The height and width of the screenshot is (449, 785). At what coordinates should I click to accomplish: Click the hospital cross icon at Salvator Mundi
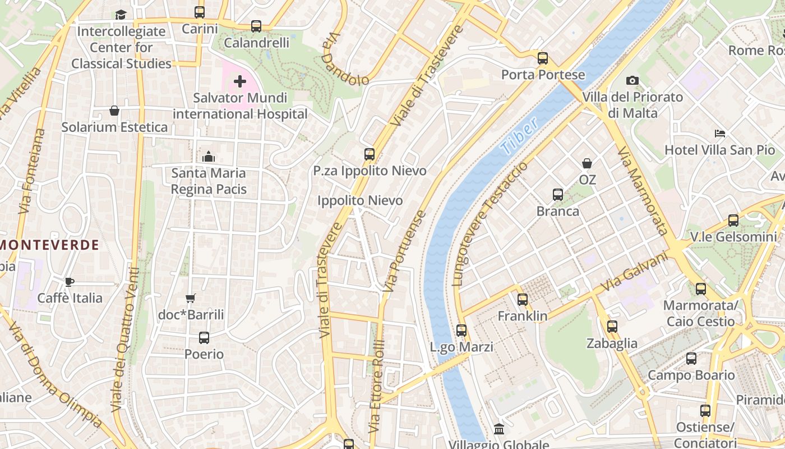coord(240,82)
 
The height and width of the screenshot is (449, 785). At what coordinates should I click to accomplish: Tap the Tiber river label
coord(519,136)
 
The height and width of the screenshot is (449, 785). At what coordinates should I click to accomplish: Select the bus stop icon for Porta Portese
coord(542,58)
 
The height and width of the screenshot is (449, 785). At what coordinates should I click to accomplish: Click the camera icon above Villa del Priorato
coord(632,81)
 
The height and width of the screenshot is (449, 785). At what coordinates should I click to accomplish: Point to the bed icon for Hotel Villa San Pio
coord(720,134)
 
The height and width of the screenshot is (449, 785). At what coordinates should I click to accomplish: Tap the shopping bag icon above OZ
coord(587,164)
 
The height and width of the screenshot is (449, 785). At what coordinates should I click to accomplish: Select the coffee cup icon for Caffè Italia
coord(70,282)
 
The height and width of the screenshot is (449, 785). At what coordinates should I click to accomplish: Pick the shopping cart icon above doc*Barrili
coord(191,299)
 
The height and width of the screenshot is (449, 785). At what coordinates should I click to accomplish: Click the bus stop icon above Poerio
coord(204,338)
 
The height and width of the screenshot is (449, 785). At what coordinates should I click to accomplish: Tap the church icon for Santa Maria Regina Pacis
coord(209,157)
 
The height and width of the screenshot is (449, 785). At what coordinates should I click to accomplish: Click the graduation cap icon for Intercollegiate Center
coord(121,15)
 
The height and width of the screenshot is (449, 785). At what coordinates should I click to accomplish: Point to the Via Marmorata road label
coord(643,191)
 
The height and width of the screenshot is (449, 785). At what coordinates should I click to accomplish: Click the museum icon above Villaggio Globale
coord(498,429)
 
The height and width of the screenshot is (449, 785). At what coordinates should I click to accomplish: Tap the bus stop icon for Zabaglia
coord(612,327)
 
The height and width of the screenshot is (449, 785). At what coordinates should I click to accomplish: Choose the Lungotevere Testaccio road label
coord(490,224)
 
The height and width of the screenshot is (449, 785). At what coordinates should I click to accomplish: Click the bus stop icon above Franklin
coord(523,300)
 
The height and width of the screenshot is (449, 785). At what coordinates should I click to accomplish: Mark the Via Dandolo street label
coord(345,59)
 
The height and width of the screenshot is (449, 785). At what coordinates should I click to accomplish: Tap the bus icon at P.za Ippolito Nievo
coord(369,154)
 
